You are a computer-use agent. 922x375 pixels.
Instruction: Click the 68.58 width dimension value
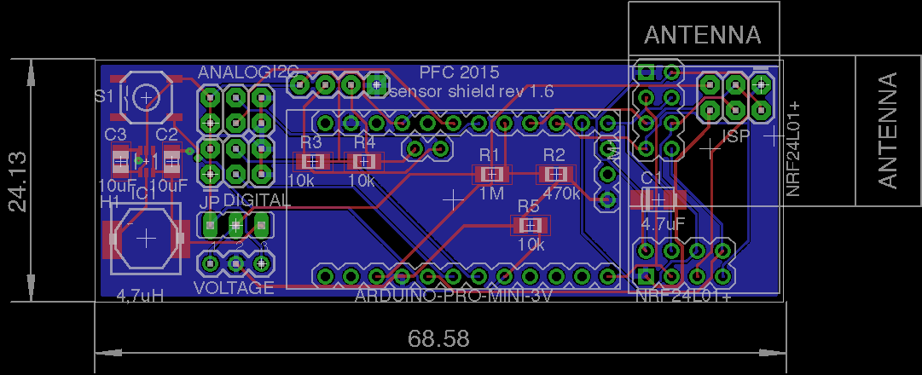coord(438,339)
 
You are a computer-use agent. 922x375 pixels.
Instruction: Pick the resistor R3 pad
coord(312,161)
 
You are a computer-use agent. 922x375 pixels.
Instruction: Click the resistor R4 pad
coord(365,161)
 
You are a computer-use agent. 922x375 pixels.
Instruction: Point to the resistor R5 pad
coord(530,226)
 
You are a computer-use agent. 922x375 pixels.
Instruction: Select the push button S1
coord(147,97)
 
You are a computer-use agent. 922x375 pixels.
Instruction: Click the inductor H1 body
coord(146,239)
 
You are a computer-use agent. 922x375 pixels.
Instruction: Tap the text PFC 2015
coord(459,72)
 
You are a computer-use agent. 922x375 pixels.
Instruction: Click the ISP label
coord(735,136)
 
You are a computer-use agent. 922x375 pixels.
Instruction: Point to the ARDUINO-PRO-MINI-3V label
coord(453,296)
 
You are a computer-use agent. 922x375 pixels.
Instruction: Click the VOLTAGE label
coord(234,288)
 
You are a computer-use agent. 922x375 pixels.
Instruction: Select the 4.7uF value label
coord(663,225)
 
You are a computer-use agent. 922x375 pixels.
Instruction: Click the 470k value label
coord(561,193)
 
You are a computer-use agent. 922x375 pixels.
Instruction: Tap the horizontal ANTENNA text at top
coord(703,36)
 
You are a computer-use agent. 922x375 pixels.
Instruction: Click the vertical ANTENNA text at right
coord(888,130)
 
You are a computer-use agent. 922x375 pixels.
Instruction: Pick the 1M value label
coord(491,193)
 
